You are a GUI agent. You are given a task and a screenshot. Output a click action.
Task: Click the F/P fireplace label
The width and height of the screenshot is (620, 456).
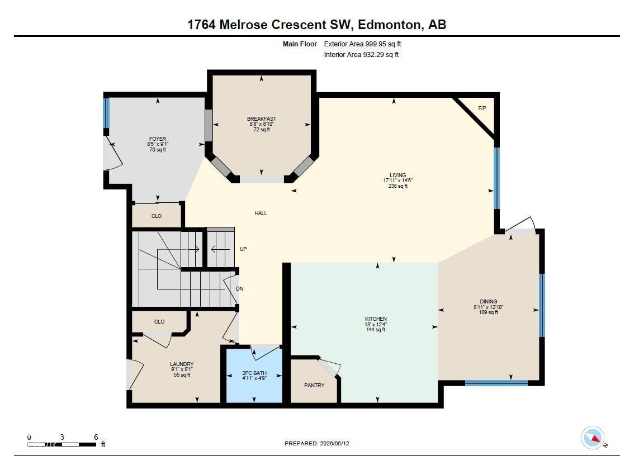tap(482, 108)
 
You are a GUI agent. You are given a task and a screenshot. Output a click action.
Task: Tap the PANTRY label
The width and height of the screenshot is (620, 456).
tap(314, 385)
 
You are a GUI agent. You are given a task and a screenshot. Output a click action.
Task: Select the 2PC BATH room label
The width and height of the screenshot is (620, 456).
tap(254, 373)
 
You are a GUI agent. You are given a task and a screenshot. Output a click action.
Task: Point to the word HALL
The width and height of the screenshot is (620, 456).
tap(261, 213)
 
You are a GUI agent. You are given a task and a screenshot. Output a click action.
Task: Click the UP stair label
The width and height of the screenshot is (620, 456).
tap(243, 249)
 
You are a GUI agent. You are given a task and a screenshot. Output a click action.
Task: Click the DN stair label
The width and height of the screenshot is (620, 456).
tap(240, 289)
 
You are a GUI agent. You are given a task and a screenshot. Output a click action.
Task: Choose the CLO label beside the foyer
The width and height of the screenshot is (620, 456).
tap(157, 216)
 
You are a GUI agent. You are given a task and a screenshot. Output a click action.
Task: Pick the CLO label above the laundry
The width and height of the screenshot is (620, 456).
tap(159, 322)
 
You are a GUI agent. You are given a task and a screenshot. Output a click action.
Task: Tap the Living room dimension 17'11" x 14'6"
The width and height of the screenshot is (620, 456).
tap(398, 180)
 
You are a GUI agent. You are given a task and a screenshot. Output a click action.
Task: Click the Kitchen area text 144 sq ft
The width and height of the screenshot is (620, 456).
tap(376, 330)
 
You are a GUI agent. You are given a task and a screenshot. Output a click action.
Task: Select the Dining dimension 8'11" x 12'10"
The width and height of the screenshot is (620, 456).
tap(488, 307)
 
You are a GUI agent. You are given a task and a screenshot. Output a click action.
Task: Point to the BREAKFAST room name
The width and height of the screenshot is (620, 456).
tap(262, 118)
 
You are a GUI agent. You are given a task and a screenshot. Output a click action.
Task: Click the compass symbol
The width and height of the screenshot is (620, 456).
tap(592, 438)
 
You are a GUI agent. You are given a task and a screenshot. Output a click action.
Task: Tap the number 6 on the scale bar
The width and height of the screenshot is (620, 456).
tap(96, 437)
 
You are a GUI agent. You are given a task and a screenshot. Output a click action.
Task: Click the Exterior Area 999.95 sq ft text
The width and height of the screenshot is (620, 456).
tap(363, 44)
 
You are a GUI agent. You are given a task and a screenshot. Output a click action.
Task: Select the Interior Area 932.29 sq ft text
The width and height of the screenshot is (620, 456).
tap(361, 55)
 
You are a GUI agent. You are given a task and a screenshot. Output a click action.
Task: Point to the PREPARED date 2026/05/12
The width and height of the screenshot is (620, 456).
tap(334, 443)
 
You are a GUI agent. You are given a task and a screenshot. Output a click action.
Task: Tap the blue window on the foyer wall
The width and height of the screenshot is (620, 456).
tap(106, 113)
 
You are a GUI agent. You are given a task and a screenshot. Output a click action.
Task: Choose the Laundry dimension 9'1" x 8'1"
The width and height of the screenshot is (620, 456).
tap(182, 369)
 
